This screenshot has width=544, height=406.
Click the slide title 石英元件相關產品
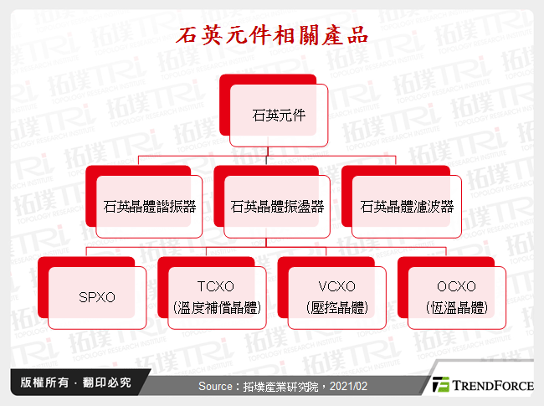pos(271,38)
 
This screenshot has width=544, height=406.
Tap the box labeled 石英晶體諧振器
pos(150,205)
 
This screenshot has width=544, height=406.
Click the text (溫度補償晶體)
pos(215,308)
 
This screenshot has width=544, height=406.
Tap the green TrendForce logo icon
pos(440,386)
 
